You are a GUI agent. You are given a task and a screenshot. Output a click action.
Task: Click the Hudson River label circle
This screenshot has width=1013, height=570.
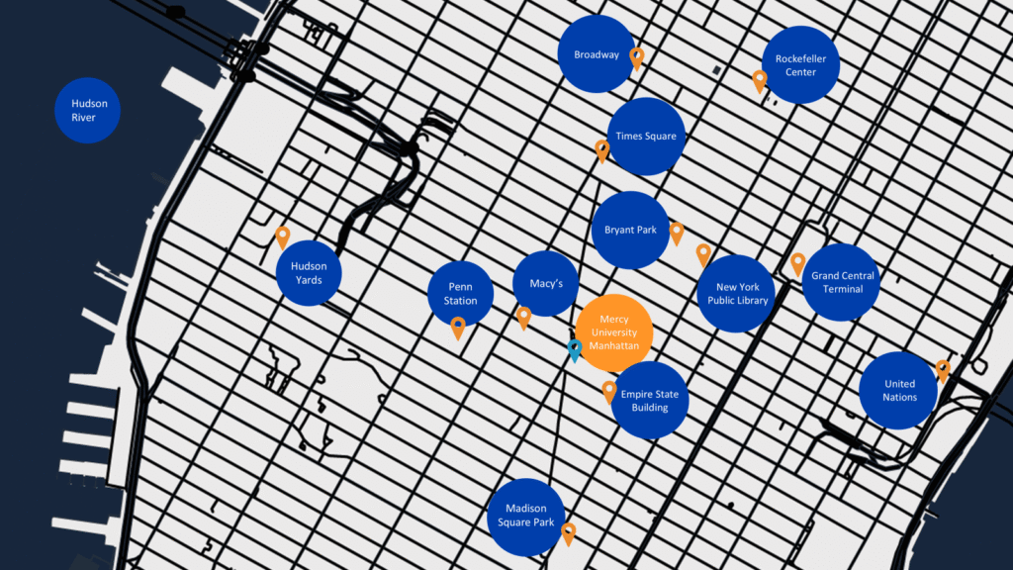click(87, 111)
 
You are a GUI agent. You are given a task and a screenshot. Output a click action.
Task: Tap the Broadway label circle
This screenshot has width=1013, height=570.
click(597, 54)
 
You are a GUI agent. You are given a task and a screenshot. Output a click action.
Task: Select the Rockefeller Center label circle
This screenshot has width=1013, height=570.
click(800, 64)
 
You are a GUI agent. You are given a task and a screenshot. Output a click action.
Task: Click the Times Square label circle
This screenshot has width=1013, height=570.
click(646, 137)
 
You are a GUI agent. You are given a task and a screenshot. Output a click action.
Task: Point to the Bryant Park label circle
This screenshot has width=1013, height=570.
click(630, 230)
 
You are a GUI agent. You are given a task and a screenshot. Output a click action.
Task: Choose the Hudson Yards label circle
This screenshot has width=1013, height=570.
click(309, 273)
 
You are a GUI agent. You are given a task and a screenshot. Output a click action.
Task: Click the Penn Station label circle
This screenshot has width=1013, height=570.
click(461, 294)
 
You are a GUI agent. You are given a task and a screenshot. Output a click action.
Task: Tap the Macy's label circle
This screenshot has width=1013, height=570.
click(546, 284)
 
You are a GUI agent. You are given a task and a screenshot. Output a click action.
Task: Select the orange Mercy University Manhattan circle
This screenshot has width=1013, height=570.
click(613, 332)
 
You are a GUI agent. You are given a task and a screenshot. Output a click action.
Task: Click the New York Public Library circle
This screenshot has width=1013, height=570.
click(736, 293)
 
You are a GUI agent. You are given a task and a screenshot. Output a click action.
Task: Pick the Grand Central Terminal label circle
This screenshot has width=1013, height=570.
click(841, 282)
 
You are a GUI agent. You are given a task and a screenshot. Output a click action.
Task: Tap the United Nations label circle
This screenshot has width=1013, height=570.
click(898, 390)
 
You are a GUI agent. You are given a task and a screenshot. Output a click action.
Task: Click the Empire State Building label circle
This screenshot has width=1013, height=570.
click(649, 401)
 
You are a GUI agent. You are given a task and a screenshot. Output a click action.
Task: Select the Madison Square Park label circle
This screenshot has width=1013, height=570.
click(526, 517)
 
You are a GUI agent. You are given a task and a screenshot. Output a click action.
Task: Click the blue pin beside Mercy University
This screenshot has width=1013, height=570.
click(575, 350)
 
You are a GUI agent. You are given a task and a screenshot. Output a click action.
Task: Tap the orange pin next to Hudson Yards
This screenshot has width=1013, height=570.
click(282, 237)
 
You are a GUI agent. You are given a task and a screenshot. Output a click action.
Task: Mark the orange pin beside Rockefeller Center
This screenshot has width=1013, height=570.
click(760, 81)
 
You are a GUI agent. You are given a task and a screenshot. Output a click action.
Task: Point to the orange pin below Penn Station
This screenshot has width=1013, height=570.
click(458, 328)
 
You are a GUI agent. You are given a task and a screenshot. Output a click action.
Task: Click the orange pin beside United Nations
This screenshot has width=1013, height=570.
click(943, 370)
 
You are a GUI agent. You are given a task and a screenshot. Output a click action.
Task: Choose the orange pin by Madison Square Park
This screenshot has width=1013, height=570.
click(569, 533)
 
